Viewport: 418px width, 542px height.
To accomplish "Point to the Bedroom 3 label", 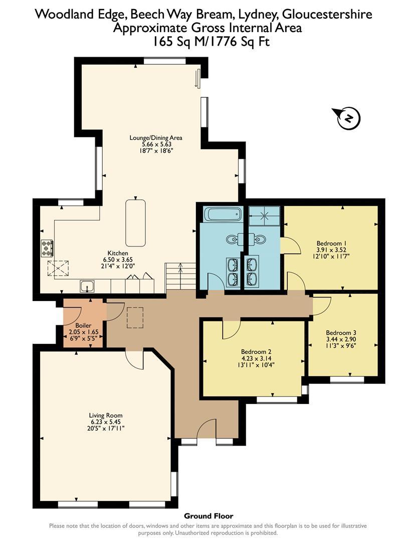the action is [x=341, y=333].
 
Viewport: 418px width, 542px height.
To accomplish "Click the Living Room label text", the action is [x=106, y=415].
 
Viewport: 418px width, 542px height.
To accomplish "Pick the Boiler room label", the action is [x=83, y=325].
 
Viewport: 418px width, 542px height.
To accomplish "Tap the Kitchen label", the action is [x=118, y=253].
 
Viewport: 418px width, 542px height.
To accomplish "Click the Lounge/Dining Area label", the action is [x=156, y=138].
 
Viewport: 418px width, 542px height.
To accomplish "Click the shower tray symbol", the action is [x=265, y=216].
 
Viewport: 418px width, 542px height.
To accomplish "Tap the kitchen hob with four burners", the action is [x=47, y=248].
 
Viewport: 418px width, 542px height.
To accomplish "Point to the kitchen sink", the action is [x=88, y=286].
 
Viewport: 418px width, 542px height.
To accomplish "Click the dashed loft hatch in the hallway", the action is [x=135, y=318].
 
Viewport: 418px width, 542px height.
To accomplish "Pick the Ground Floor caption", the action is [x=208, y=516].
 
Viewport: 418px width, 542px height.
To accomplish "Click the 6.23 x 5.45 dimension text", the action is [x=106, y=422].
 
